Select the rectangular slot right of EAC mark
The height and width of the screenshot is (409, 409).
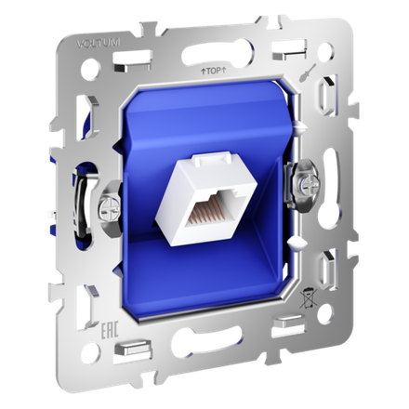point(125,350)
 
